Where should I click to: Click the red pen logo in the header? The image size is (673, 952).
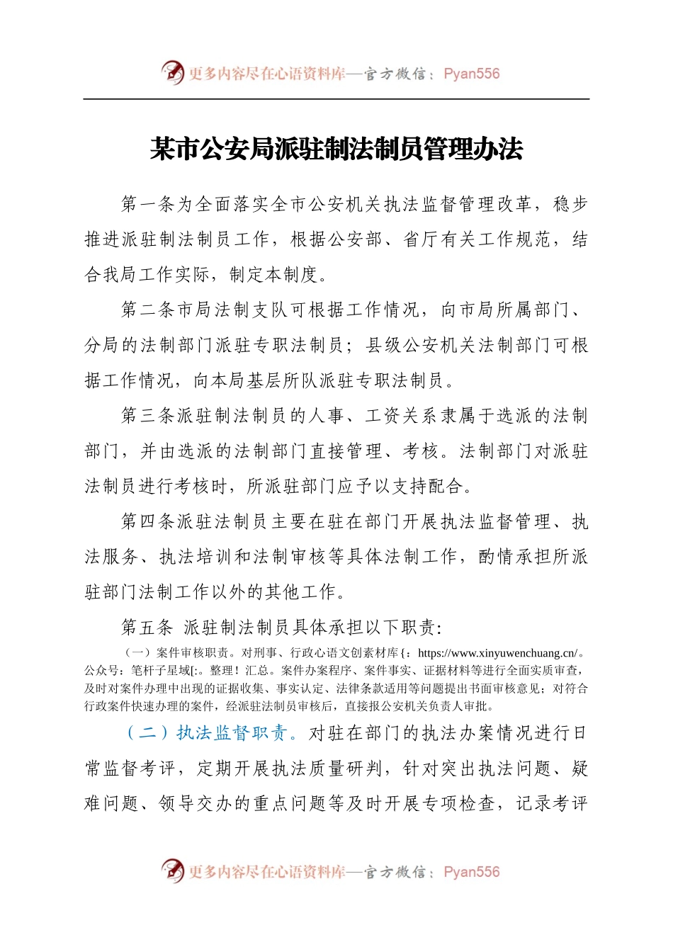172,72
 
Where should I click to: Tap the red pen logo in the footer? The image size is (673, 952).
172,871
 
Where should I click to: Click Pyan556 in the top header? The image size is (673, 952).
471,74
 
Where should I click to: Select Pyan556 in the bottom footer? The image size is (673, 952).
471,872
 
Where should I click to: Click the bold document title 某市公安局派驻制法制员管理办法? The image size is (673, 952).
336,149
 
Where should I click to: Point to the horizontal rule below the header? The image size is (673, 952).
336,99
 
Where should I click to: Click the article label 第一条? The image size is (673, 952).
148,205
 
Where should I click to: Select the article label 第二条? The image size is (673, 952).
148,310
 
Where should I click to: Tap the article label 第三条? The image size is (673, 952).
148,416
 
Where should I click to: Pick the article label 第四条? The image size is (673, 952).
148,522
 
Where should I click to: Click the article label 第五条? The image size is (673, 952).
148,628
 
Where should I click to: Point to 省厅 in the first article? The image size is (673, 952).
422,240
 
